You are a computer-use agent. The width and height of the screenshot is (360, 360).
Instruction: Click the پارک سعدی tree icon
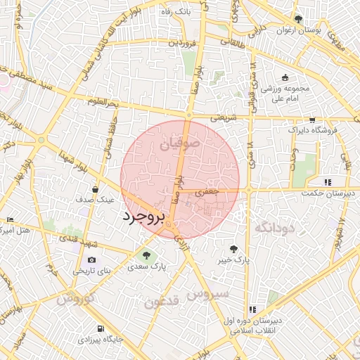(146, 256)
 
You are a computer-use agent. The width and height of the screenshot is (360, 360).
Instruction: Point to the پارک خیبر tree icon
(233, 248)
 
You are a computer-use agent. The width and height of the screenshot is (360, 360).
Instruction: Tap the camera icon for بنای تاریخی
(91, 260)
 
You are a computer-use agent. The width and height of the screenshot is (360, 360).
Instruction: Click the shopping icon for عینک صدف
(95, 189)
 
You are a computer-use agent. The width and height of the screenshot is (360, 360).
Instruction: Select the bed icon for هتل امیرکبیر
(9, 220)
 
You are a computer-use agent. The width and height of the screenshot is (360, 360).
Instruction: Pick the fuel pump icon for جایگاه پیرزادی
(101, 328)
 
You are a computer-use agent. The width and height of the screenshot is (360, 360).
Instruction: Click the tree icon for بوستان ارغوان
(298, 19)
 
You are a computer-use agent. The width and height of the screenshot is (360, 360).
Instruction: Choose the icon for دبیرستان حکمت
(328, 182)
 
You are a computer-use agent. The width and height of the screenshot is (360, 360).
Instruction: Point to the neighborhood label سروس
(209, 294)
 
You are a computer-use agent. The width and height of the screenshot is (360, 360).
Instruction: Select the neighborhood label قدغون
(162, 302)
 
